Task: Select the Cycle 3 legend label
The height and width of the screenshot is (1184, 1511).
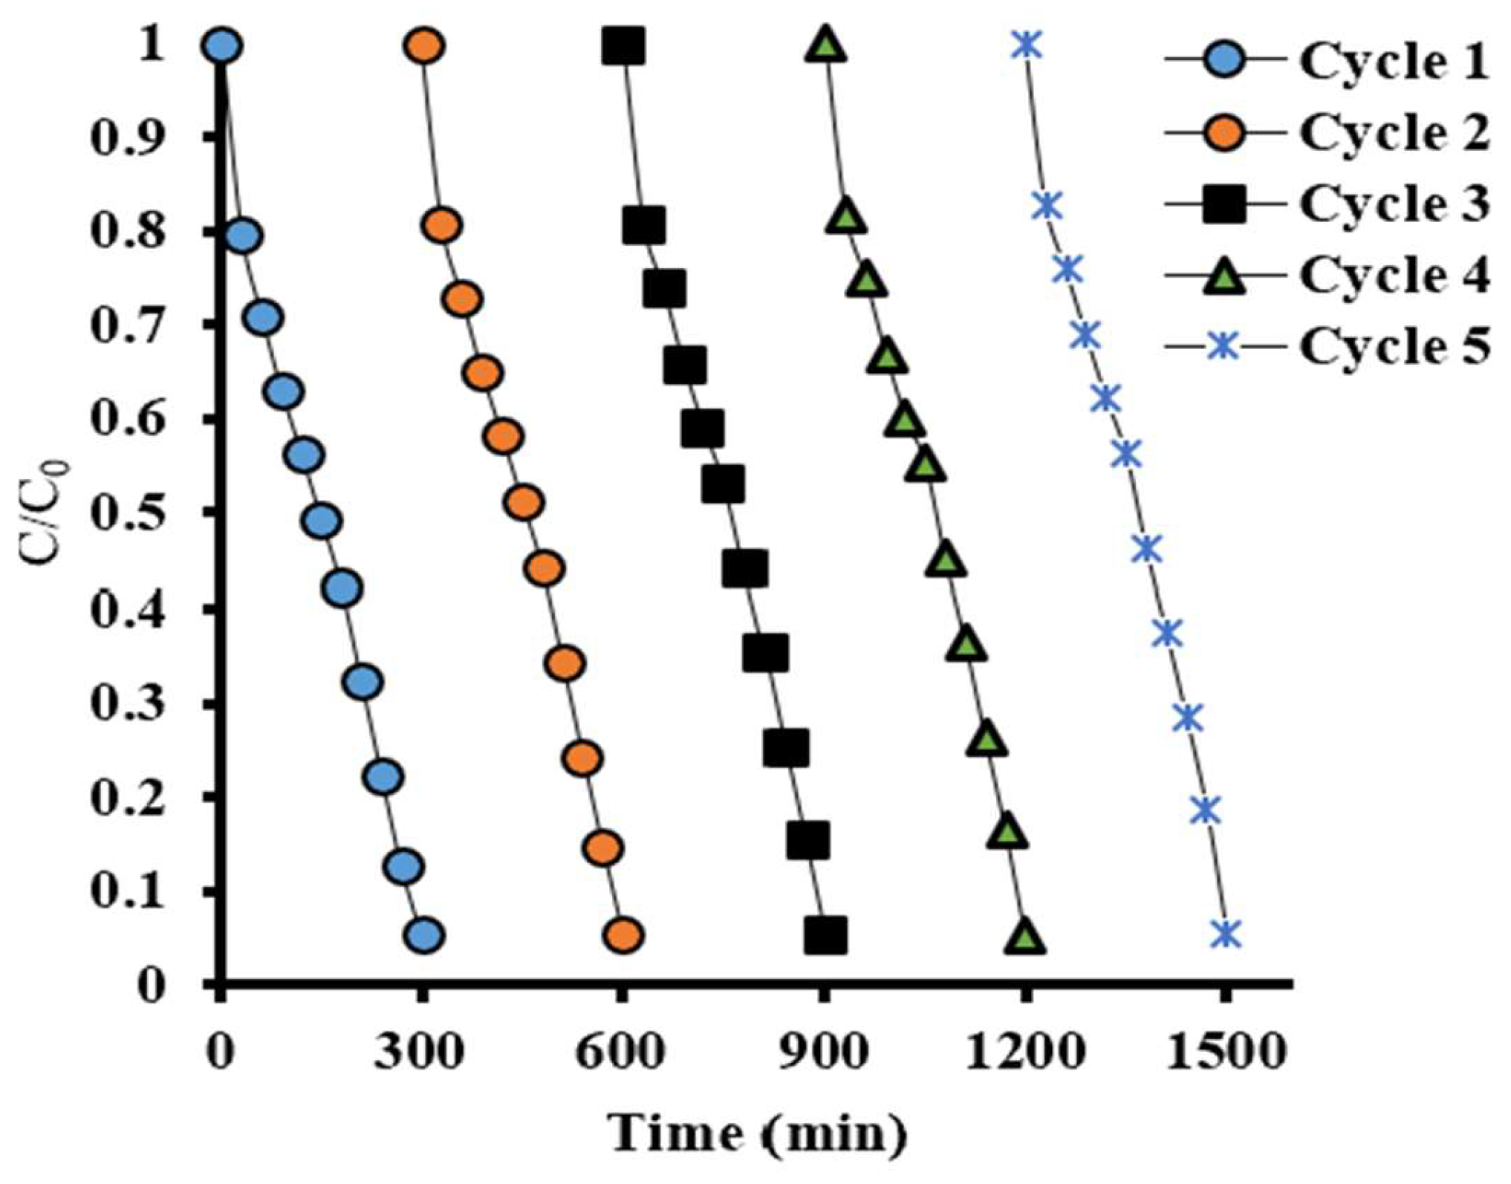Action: pyautogui.click(x=1394, y=204)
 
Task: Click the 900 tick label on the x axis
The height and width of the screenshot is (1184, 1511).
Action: pyautogui.click(x=823, y=1053)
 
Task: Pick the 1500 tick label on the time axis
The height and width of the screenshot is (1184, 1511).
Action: pyautogui.click(x=1225, y=1053)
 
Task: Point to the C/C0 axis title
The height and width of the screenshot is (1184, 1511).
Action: pyautogui.click(x=47, y=513)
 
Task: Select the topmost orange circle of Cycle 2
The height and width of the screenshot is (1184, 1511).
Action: pyautogui.click(x=424, y=46)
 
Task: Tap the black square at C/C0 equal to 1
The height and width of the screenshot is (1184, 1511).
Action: pyautogui.click(x=624, y=46)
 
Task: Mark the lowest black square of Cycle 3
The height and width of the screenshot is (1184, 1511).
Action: pyautogui.click(x=825, y=935)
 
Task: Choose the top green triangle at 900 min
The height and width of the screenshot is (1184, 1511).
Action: pyautogui.click(x=825, y=45)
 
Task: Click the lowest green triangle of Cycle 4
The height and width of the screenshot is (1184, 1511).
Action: pyautogui.click(x=1025, y=937)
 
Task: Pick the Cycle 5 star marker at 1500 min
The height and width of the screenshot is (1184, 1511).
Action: pyautogui.click(x=1226, y=934)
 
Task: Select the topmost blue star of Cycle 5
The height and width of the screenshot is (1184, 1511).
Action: pyautogui.click(x=1026, y=45)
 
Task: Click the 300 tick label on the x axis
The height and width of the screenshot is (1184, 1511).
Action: pyautogui.click(x=420, y=1053)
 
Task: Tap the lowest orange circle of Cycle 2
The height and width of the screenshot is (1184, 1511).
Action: pyautogui.click(x=623, y=936)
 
